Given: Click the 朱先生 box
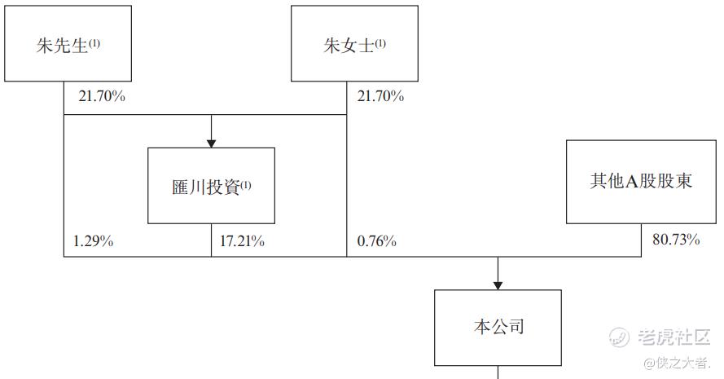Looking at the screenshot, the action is pos(68,43).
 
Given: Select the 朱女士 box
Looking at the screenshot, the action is pos(354,43).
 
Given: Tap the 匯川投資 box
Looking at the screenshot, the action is pos(211,186).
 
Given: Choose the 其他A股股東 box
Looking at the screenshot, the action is pos(642,182).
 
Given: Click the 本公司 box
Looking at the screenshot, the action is pos(498,328).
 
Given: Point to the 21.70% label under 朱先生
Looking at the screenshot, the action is pos(102,96).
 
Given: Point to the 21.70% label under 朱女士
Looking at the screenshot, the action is pos(380,96).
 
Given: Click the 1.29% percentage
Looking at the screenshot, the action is pos(94,241).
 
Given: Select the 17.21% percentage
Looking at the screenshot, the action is pos(242,241).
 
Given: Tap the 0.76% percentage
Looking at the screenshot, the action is pos(377,241).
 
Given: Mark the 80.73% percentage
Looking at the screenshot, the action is pos(676,240).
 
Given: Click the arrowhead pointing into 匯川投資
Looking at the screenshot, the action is pos(211,143).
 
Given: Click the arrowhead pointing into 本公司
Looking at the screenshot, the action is pos(498,285).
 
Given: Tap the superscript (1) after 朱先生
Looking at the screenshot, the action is pos(94,43).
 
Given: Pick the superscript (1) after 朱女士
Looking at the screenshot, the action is pos(380,43).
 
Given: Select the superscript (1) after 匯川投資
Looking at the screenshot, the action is pos(246,185).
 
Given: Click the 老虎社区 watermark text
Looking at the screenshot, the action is pos(674,337).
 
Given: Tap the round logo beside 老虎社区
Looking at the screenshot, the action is pos(619,337).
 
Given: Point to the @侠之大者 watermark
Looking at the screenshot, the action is pos(678,363).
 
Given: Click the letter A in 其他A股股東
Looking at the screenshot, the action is pos(631,182).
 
